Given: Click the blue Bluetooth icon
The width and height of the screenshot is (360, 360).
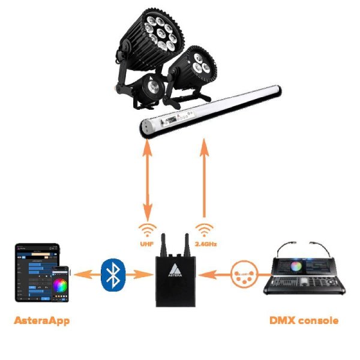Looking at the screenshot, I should click(x=112, y=274).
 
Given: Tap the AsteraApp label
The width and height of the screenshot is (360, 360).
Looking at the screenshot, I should click(x=41, y=320).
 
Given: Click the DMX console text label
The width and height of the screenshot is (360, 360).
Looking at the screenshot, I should click(x=304, y=320).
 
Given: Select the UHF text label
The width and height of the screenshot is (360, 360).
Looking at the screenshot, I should click(x=147, y=244).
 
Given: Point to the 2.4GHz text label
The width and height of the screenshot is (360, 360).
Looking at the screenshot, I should click(x=205, y=244).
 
